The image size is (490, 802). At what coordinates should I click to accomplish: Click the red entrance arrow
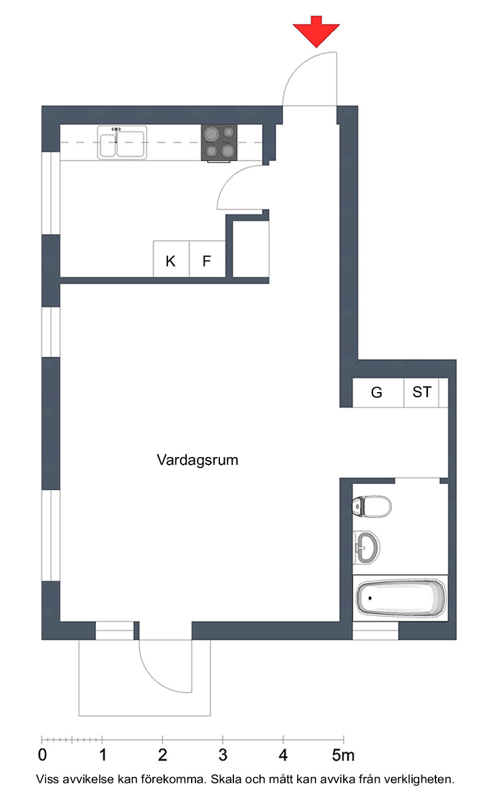[316, 31]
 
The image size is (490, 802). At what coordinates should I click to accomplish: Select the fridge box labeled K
[171, 259]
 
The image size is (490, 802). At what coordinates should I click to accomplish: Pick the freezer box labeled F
[207, 259]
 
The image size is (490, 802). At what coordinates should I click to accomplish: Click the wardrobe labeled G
[378, 392]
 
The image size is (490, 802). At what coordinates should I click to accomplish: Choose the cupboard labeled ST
[421, 392]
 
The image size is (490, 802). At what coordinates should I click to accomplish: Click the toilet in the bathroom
[372, 506]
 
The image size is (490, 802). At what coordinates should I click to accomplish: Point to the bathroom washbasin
[366, 547]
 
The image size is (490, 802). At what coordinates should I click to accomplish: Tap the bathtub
[401, 599]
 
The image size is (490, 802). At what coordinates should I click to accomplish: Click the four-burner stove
[219, 143]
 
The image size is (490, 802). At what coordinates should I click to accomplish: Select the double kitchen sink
[122, 143]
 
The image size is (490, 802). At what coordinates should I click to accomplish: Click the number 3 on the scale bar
[222, 755]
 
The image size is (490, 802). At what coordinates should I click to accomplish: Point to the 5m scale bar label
[343, 755]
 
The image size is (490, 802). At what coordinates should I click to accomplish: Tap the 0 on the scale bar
[42, 755]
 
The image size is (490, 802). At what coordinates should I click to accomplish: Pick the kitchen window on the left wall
[51, 194]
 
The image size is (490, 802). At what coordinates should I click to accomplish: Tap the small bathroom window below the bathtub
[375, 630]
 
